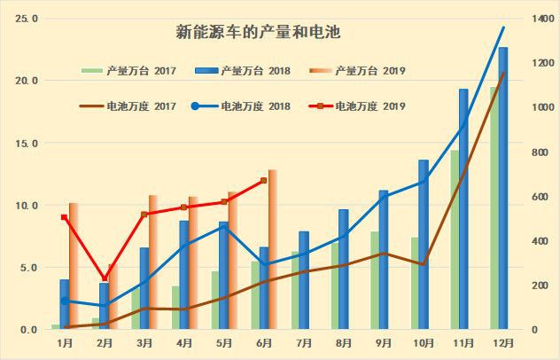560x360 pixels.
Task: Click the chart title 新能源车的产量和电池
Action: coord(259,33)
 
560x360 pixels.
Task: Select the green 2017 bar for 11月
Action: coord(455,239)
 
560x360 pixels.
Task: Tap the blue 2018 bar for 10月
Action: coord(424,245)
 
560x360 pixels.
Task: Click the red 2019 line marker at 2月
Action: coord(105,278)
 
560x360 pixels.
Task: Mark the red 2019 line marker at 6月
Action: coord(263,181)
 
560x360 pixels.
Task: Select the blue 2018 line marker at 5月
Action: coord(224,226)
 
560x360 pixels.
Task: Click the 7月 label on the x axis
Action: coord(303,343)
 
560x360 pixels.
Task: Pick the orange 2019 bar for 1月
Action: coord(74,266)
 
